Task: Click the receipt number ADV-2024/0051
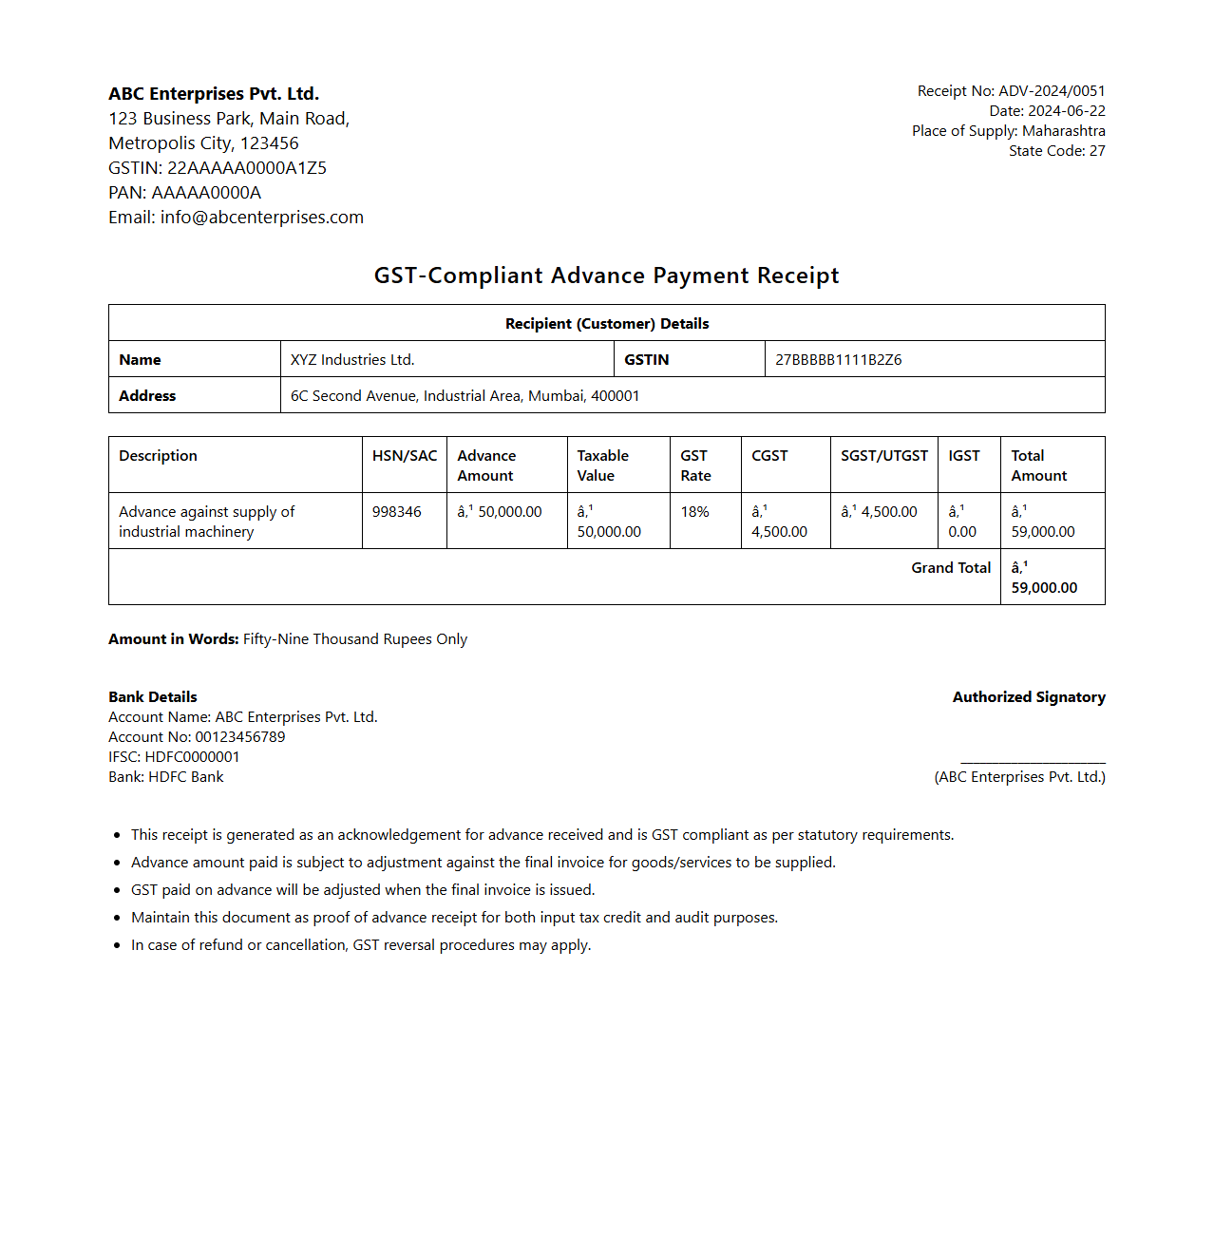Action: pyautogui.click(x=1052, y=91)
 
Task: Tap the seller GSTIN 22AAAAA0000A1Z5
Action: pyautogui.click(x=246, y=168)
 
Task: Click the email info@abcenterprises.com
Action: pyautogui.click(x=261, y=218)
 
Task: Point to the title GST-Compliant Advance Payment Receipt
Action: pyautogui.click(x=606, y=275)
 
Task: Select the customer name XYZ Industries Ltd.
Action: pyautogui.click(x=352, y=360)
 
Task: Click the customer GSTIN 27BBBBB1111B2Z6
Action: pyautogui.click(x=838, y=360)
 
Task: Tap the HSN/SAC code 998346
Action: pyautogui.click(x=396, y=512)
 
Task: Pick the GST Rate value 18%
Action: pyautogui.click(x=694, y=512)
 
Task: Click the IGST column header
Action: pyautogui.click(x=963, y=456)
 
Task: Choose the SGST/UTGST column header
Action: pyautogui.click(x=883, y=456)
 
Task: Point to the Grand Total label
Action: pyautogui.click(x=950, y=568)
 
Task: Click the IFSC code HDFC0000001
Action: pyautogui.click(x=192, y=757)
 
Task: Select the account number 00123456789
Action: pyautogui.click(x=239, y=737)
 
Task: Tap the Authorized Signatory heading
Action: pyautogui.click(x=1029, y=697)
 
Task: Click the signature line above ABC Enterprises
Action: pyautogui.click(x=1033, y=762)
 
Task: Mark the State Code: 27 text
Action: pyautogui.click(x=1056, y=151)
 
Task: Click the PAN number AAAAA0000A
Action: pyautogui.click(x=205, y=193)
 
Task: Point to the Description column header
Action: pyautogui.click(x=158, y=456)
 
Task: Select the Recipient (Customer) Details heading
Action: pyautogui.click(x=606, y=324)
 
